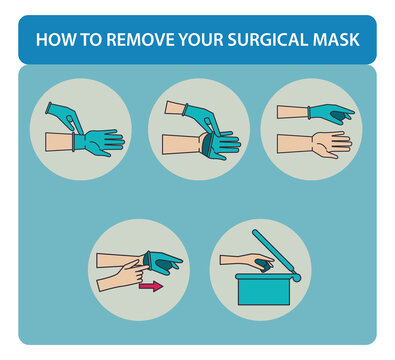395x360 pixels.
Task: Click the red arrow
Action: (150, 287)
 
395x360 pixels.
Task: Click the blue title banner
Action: (197, 41)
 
